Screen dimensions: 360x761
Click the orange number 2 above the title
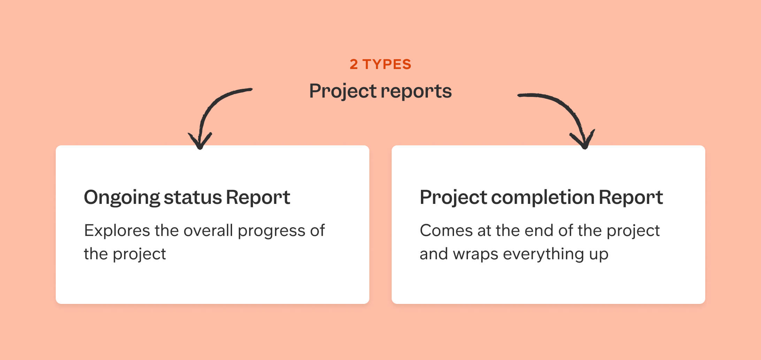click(354, 64)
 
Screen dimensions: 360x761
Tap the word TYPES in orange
click(387, 64)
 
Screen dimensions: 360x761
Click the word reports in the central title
click(416, 92)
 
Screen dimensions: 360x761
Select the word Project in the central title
click(343, 92)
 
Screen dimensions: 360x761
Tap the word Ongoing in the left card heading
click(122, 198)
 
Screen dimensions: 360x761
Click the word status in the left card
click(193, 198)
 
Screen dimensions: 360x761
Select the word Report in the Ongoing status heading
click(258, 198)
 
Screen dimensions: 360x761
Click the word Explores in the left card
click(117, 231)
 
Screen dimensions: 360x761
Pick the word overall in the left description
click(208, 231)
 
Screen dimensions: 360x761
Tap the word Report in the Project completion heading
click(631, 198)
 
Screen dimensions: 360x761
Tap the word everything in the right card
click(543, 254)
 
